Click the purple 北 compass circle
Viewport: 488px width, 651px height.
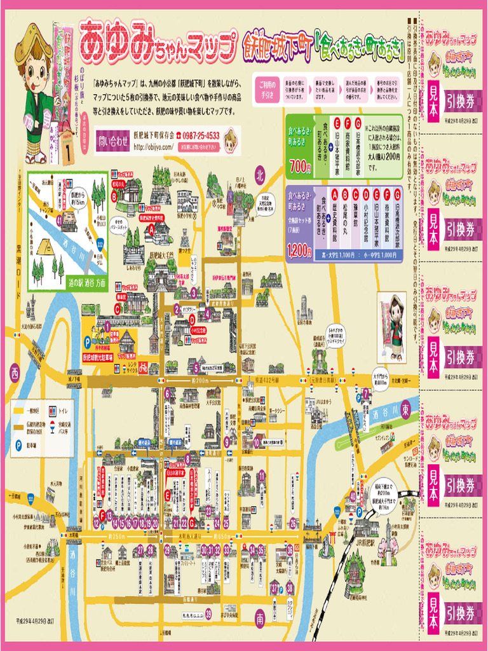[x=259, y=174]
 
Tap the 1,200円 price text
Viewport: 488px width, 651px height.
[x=299, y=251]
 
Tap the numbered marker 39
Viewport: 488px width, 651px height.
[x=208, y=613]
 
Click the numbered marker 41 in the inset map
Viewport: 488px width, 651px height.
[x=59, y=221]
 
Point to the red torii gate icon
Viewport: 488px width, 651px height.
[x=332, y=538]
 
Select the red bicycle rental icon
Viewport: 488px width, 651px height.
[x=144, y=367]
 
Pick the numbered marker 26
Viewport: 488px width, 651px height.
[x=293, y=523]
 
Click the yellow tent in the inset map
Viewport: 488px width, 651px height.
[x=46, y=246]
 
